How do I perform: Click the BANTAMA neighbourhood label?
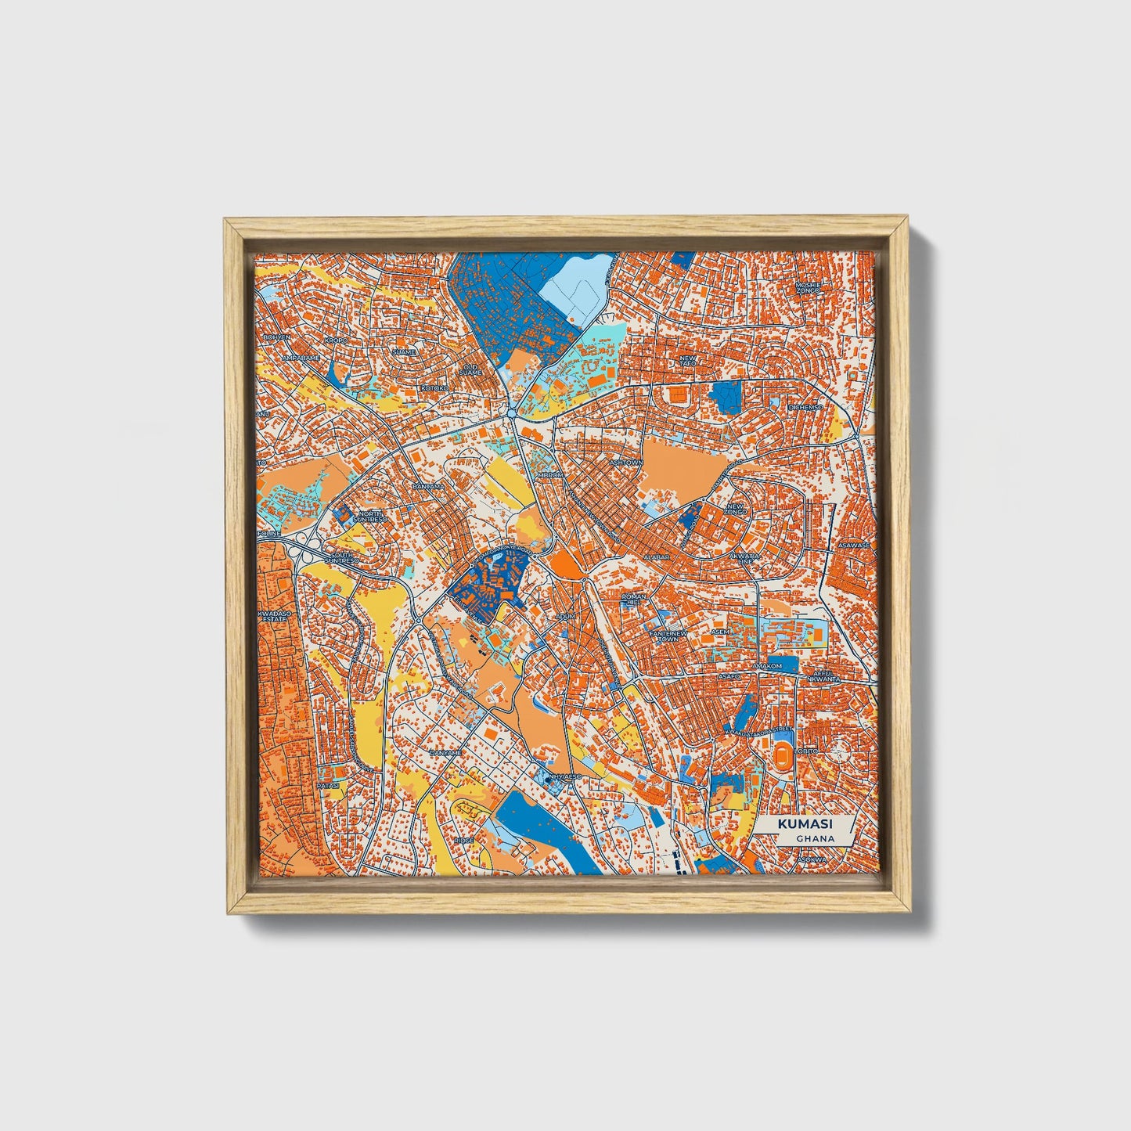click(428, 486)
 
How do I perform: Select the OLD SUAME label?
click(470, 369)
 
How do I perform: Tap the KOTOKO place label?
click(434, 388)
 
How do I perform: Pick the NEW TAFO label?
click(687, 361)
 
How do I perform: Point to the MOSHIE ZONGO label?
click(808, 287)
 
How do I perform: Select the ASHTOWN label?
click(626, 463)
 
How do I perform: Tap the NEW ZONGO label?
click(737, 509)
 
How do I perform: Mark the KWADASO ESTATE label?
click(274, 616)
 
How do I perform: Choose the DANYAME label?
click(445, 752)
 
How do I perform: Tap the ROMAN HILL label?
click(634, 600)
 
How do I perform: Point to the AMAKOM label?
click(766, 666)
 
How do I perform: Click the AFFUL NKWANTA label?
click(827, 675)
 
